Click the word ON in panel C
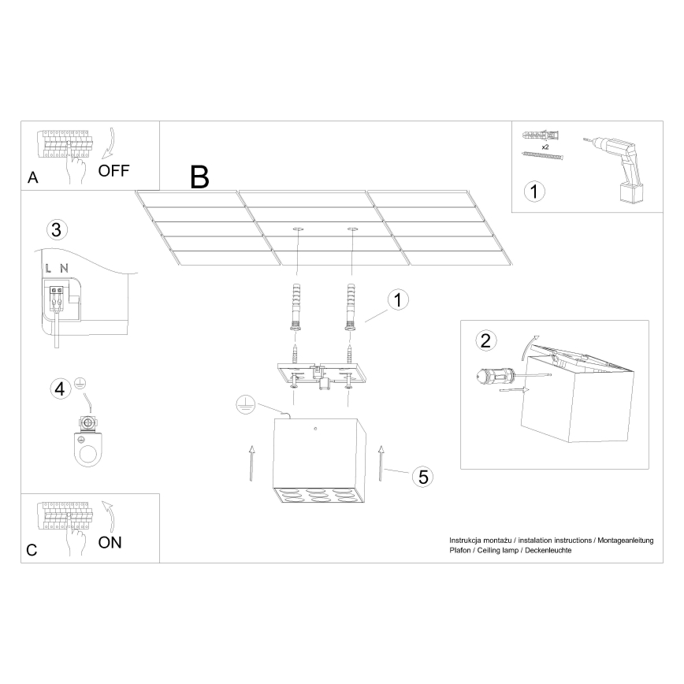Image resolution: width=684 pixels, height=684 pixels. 110,542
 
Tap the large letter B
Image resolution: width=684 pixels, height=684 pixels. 200,178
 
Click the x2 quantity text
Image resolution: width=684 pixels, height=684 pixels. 545,147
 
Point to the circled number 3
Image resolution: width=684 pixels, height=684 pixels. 55,230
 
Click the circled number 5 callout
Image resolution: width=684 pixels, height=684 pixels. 423,476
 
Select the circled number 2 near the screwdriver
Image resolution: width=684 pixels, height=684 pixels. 485,340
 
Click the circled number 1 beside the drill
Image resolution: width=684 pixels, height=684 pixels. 534,191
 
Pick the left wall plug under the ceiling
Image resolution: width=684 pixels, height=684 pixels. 297,308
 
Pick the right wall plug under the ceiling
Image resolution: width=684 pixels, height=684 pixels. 348,308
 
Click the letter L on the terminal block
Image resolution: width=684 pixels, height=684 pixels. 48,269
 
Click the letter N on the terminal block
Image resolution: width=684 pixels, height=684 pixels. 62,269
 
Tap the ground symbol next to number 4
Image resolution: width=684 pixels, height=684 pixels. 79,385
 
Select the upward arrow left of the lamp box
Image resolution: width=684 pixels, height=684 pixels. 251,463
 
